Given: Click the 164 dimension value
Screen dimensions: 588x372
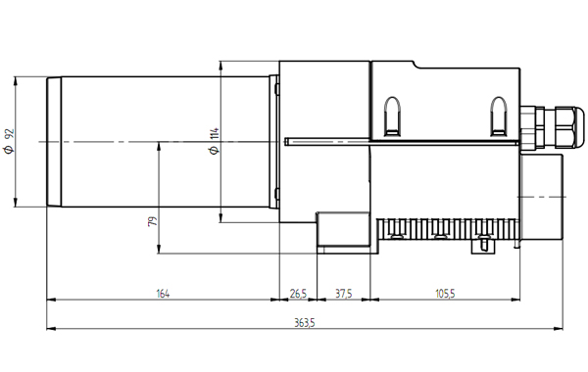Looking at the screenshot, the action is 163,294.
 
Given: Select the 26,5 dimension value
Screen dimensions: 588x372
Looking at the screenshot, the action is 298,294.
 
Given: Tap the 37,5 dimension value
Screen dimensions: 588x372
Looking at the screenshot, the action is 344,294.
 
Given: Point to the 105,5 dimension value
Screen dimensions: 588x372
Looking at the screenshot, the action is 445,294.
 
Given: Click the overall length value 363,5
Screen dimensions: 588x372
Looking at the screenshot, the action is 305,323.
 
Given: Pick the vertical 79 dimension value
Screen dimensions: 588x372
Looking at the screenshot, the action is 153,221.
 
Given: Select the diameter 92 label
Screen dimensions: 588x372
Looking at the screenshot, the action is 9,141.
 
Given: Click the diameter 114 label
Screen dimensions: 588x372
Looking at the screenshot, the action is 215,141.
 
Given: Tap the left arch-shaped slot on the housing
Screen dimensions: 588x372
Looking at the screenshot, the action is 392,116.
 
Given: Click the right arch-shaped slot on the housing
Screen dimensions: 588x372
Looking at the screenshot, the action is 499,116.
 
